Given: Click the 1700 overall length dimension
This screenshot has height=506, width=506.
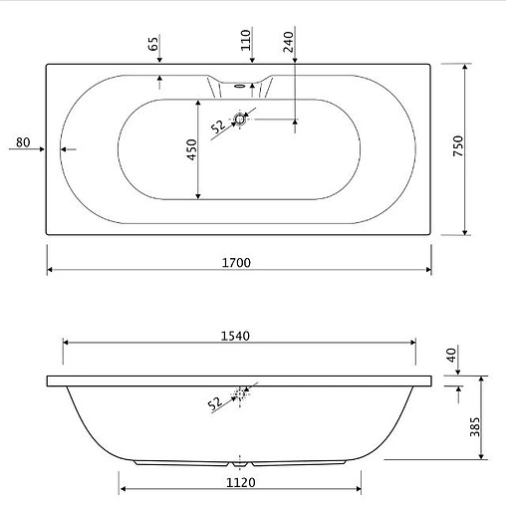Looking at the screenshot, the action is [236, 263].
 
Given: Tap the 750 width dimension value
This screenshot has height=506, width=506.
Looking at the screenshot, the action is [458, 145].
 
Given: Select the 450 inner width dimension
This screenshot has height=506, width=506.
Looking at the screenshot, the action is [191, 149].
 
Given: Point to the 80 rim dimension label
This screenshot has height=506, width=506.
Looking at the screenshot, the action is [23, 142].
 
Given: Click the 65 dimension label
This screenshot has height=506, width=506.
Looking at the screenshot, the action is [153, 44].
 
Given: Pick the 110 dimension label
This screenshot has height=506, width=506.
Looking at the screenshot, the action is [246, 40].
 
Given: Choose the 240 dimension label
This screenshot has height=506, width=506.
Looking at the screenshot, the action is [289, 42].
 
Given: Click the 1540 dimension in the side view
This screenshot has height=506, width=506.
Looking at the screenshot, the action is [235, 336].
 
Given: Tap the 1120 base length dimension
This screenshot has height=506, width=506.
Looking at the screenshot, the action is [241, 482].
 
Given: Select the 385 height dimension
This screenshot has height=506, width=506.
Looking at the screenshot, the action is [475, 427].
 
